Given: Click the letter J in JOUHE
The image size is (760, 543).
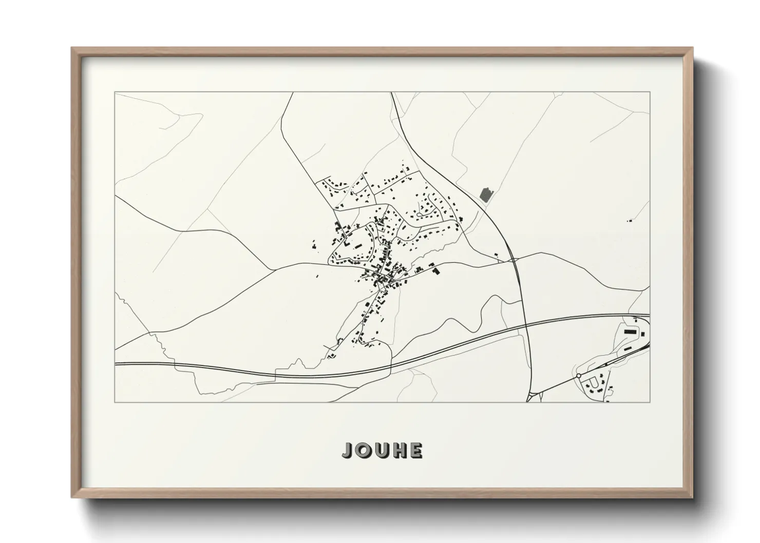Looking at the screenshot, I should (x=348, y=450).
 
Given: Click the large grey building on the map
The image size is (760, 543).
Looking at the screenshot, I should (x=486, y=194).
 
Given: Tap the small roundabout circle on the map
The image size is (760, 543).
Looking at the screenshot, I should (x=579, y=376).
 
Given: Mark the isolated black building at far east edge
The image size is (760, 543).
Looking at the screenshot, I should (x=629, y=221).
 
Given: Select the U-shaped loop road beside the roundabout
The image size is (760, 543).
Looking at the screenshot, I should (x=594, y=382).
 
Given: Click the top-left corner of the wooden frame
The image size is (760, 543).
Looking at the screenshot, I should (x=72, y=48).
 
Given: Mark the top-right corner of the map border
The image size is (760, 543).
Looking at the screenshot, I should (x=650, y=92).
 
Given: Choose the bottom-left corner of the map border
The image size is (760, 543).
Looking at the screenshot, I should (x=115, y=402).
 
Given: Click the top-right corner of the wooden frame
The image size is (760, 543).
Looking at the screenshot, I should (x=693, y=48).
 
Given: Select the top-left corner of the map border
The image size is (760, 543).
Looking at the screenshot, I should (x=115, y=92).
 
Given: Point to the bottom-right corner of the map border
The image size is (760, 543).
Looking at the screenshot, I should (x=650, y=402).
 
